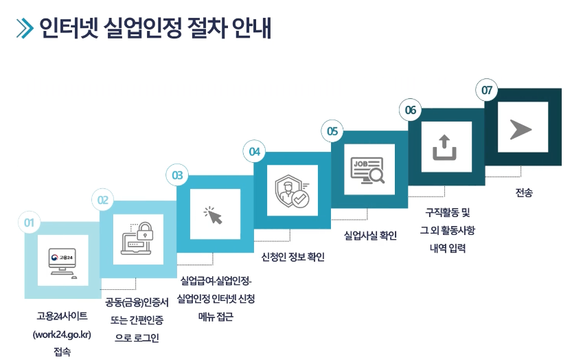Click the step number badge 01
[x=29, y=223]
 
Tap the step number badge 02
[x=103, y=201]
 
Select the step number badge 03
[x=177, y=176]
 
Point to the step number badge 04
[x=255, y=151]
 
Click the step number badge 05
[x=332, y=131]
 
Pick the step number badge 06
[x=410, y=110]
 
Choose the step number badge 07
[x=487, y=90]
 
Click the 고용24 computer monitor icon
[x=62, y=261]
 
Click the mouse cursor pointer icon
[x=214, y=215]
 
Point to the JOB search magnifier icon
[x=368, y=170]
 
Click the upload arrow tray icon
[x=445, y=146]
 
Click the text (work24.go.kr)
[x=62, y=335]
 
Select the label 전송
[x=523, y=193]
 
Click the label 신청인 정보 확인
[x=293, y=258]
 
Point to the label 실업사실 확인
[x=370, y=235]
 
